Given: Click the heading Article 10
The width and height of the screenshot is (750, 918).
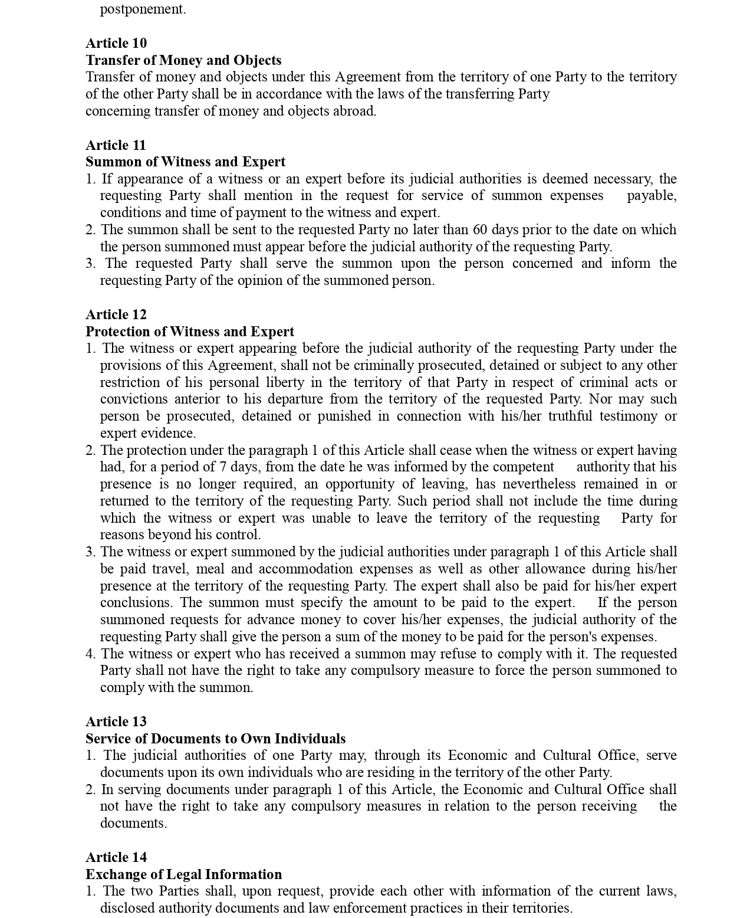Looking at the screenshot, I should tap(116, 43).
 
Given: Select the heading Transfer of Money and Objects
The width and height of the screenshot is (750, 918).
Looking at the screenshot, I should tap(183, 60).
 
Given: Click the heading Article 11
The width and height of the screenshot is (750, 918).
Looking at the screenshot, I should tap(116, 145).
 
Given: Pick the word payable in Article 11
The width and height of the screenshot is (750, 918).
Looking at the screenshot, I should tap(651, 195).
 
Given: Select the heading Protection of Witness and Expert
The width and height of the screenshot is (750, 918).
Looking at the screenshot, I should tap(190, 332).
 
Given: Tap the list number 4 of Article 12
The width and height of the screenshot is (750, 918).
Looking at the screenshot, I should tap(90, 654).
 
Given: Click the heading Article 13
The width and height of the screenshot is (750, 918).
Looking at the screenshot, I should tap(116, 722).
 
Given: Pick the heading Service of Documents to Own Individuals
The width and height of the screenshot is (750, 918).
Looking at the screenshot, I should tap(215, 739).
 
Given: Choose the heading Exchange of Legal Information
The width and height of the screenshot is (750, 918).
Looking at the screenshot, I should tap(183, 874).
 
